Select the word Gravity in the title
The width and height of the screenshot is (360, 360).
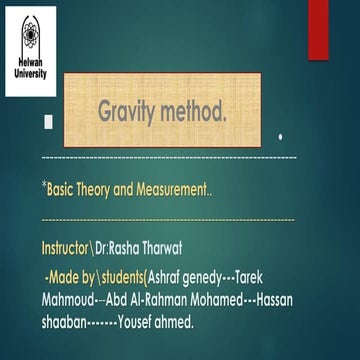coord(133,112)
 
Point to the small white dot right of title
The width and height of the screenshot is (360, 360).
coord(281,135)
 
